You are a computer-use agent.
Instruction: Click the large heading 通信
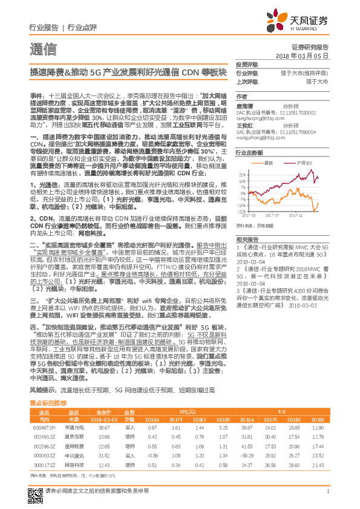[43, 50]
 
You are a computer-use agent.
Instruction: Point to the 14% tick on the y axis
[241, 180]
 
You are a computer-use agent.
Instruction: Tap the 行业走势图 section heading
[247, 154]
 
